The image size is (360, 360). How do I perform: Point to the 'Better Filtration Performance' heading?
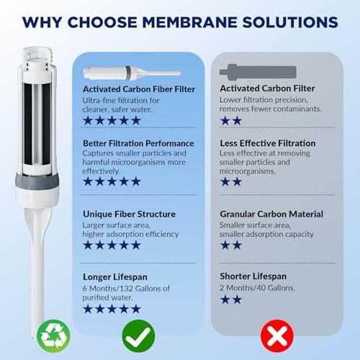pyautogui.click(x=138, y=143)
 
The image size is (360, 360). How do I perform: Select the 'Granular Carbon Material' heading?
pyautogui.click(x=271, y=214)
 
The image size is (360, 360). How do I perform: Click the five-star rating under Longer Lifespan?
pyautogui.click(x=112, y=308)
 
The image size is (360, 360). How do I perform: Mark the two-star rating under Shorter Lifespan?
pyautogui.click(x=230, y=299)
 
